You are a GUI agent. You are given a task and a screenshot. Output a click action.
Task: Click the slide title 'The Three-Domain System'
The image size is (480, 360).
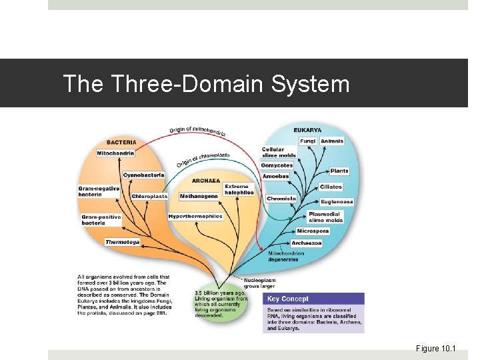coord(206,84)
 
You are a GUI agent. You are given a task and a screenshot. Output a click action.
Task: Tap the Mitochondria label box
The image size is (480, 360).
coord(115,153)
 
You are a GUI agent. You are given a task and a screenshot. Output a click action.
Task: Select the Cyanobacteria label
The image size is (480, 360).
coord(143,175)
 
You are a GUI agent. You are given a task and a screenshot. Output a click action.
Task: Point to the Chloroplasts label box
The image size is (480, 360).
coord(149,196)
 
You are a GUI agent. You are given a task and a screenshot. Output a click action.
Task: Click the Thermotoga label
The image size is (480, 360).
coord(123,242)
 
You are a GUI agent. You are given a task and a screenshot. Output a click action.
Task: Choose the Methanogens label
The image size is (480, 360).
coord(198,196)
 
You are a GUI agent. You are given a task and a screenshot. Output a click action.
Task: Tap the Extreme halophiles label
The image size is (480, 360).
coord(239,189)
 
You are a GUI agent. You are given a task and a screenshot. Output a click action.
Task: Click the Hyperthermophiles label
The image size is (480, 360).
coord(195,217)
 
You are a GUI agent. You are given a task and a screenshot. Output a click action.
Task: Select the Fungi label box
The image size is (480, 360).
coord(307,141)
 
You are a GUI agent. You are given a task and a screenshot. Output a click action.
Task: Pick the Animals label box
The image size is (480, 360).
coord(332,141)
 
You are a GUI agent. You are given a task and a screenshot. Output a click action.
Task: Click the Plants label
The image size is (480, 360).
coord(339,171)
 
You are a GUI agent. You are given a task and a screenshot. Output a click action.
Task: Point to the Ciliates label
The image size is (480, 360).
coord(331,187)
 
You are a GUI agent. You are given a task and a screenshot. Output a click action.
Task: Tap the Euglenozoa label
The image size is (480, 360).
coord(337,201)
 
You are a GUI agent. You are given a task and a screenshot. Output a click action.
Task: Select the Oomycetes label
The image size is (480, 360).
coord(277,165)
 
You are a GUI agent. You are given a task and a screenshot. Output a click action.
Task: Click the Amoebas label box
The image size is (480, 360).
coord(275,176)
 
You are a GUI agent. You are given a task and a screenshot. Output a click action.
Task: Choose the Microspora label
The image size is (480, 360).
coord(313,231)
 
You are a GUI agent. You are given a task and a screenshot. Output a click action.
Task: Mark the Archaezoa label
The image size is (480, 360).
coord(307,243)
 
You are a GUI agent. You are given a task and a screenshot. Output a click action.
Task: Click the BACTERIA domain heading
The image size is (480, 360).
coord(121,142)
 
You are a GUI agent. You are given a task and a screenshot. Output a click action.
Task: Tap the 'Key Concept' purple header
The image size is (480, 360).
coord(313,299)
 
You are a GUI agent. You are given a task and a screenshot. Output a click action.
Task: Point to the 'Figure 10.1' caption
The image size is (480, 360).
coord(435,348)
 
